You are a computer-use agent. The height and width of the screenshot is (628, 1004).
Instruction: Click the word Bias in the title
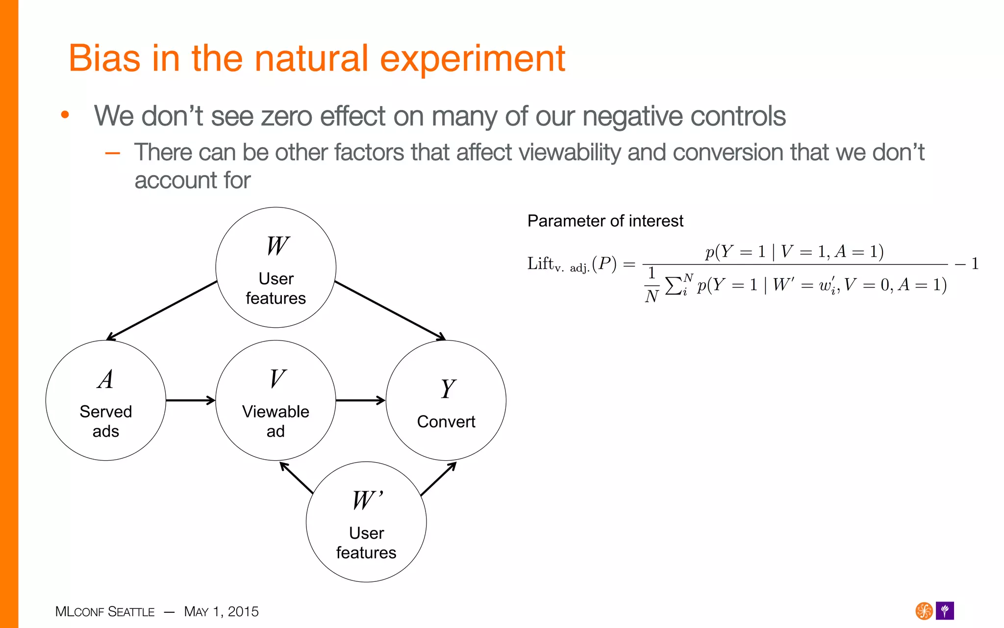click(104, 58)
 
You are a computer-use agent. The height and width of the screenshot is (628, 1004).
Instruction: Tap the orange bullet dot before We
click(65, 116)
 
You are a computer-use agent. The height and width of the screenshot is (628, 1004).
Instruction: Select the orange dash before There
click(113, 153)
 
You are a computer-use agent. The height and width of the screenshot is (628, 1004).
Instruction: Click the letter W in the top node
click(277, 246)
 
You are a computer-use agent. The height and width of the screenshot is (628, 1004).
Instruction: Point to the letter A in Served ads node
click(106, 379)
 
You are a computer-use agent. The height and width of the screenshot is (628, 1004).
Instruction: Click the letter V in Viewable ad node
click(277, 379)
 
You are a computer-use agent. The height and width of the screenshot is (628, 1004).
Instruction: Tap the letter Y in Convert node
click(447, 389)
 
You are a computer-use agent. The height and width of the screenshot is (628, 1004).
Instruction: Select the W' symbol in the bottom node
click(367, 500)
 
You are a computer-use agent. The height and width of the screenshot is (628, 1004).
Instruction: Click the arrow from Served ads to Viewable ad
click(190, 400)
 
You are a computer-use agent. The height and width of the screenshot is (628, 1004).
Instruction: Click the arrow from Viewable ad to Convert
click(360, 400)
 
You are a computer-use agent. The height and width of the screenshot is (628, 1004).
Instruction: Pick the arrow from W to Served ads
click(162, 311)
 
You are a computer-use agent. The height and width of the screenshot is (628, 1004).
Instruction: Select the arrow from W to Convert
click(390, 311)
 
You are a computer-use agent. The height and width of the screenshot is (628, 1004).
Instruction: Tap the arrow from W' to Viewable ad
click(296, 477)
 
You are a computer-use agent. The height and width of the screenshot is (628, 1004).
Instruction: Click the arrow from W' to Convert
click(438, 478)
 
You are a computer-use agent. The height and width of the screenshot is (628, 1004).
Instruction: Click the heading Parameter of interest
click(605, 221)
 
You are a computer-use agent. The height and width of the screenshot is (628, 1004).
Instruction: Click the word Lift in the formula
click(540, 263)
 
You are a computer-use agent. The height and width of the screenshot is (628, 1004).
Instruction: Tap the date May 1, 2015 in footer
click(221, 611)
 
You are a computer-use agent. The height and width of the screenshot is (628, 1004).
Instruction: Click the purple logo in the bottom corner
click(945, 611)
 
